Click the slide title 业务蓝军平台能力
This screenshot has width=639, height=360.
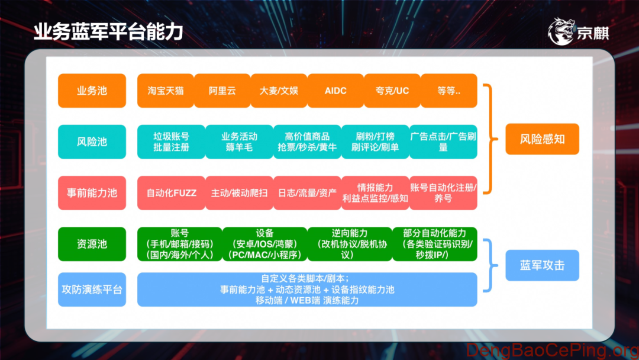tap(108, 32)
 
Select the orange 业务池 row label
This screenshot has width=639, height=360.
tap(92, 91)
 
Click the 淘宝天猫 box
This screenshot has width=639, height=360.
tap(166, 91)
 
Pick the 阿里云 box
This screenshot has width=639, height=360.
tap(222, 91)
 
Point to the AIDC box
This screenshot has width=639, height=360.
tap(335, 91)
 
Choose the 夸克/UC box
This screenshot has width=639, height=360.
tap(392, 91)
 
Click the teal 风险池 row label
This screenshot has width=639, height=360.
tap(92, 142)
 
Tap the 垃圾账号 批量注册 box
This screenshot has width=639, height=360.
tap(171, 142)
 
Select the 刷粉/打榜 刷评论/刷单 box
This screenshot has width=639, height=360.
tap(375, 142)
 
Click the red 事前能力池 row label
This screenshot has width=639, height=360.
tap(92, 192)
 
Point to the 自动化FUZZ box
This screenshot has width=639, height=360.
tap(171, 192)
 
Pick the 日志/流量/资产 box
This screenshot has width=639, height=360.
tap(307, 192)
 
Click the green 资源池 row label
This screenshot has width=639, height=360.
tap(92, 243)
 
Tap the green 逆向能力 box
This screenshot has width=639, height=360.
tap(349, 243)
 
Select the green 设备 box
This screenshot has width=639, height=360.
tap(264, 243)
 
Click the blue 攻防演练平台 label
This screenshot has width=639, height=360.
tap(92, 290)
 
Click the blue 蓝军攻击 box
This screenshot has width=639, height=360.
tap(542, 265)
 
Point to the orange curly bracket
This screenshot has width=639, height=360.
tap(488, 139)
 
